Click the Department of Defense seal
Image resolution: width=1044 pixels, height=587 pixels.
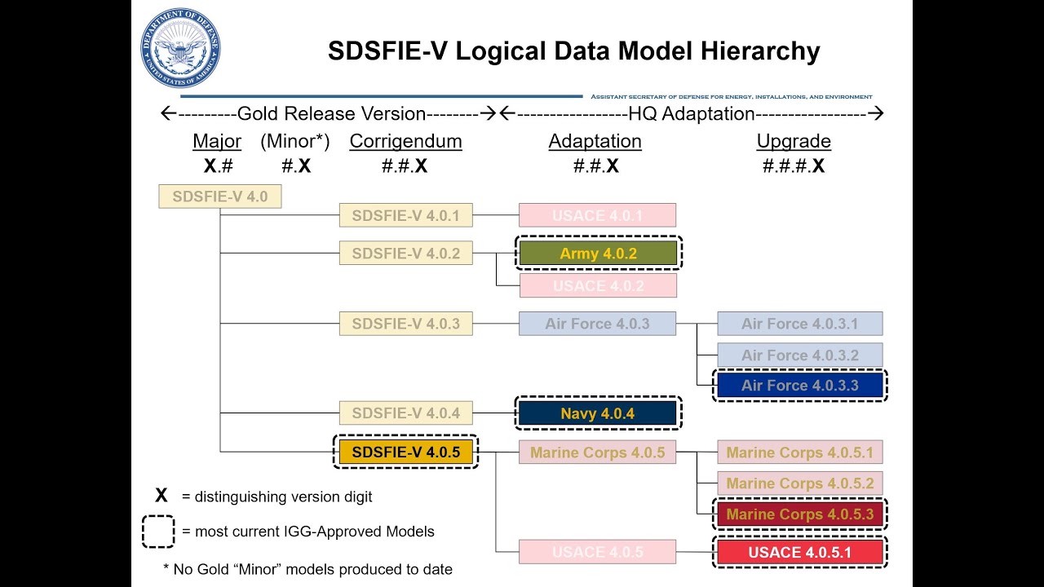(181, 48)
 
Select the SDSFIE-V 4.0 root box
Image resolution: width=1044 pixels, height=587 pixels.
(219, 196)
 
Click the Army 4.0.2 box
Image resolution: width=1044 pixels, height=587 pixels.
(598, 254)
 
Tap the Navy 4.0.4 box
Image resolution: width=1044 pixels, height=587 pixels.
(598, 413)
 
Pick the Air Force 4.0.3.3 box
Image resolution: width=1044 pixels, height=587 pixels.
(799, 386)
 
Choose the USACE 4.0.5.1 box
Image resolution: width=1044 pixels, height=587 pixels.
(799, 552)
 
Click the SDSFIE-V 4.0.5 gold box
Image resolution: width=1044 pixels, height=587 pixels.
(406, 452)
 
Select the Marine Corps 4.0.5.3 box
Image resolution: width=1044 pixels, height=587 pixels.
(799, 514)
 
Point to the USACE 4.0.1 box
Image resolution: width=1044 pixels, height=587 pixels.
(598, 215)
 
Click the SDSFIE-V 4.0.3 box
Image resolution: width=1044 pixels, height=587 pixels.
(406, 324)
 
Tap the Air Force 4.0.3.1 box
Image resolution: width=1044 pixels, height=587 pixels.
(799, 324)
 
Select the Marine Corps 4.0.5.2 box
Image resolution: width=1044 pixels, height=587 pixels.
(799, 483)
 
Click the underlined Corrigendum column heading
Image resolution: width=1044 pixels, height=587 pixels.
(405, 141)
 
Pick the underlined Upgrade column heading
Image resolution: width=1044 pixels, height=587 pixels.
(794, 141)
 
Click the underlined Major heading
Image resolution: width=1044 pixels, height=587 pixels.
(217, 141)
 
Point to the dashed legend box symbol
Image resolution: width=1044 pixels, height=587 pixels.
(158, 532)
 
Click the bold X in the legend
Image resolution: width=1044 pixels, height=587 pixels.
(161, 496)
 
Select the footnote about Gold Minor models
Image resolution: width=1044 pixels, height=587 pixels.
(307, 569)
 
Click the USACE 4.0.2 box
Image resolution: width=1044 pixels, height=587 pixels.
(598, 285)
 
